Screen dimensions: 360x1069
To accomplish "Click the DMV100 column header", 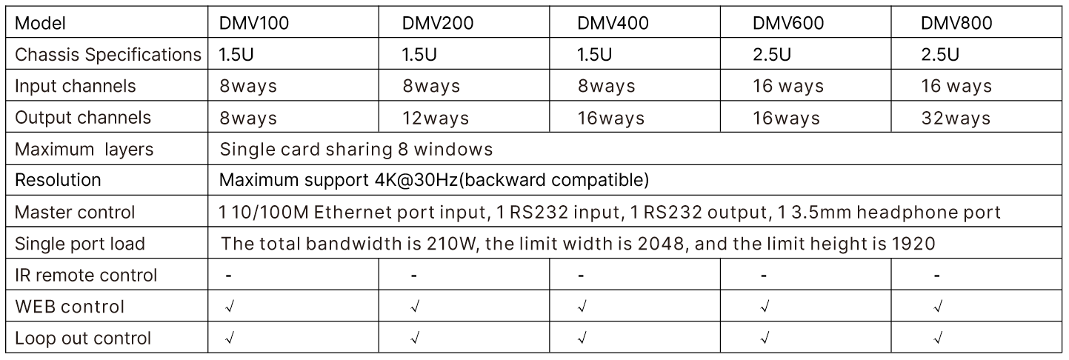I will point(253,23).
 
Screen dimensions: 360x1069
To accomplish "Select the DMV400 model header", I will point(613,23).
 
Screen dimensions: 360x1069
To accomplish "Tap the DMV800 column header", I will point(956,23).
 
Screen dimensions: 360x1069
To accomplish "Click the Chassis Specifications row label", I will point(108,55).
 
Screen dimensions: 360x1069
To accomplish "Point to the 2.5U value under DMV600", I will point(771,55).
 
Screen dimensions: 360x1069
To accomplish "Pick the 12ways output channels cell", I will point(437,118).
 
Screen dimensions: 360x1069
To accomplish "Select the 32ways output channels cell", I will point(956,118).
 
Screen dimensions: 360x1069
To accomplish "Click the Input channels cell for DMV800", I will point(956,86).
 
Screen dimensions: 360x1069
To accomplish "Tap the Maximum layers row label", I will point(84,150).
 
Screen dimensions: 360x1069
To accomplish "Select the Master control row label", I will point(75,213).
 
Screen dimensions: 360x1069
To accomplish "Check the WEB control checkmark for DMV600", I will point(763,307).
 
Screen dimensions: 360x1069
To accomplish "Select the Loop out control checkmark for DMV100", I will point(230,339).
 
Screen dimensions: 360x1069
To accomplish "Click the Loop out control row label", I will point(83,339).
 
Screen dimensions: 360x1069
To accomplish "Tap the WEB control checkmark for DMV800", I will point(938,307).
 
